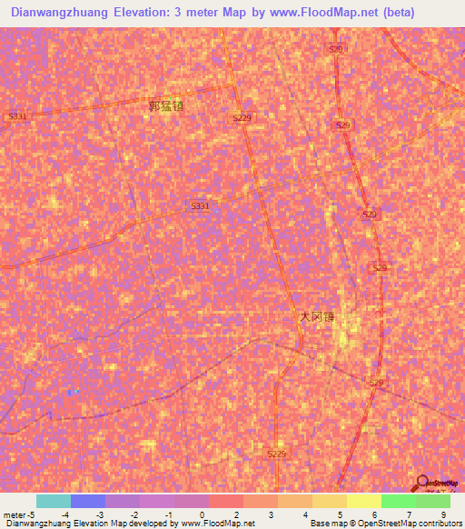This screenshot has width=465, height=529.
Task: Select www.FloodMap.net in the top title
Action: coord(320,13)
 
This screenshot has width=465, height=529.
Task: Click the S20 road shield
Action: coord(336,49)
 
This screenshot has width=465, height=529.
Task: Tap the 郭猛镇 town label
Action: coord(166,106)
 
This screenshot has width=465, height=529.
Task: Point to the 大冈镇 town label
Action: coord(317,317)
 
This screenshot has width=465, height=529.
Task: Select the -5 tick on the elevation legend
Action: coord(32,514)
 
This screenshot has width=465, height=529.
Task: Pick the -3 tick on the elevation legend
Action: coord(100,514)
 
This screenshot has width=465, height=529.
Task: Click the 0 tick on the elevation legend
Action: coord(202,514)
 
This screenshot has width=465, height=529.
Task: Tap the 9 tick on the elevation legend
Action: coord(444,514)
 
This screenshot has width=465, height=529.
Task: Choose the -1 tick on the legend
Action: coord(167,514)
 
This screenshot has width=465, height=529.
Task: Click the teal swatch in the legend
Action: coord(54,501)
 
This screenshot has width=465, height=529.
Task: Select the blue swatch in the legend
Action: coord(88,501)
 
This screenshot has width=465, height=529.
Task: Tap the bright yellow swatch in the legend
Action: coord(363,501)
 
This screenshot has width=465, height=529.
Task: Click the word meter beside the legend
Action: coord(14,514)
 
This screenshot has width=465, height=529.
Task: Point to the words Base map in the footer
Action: coord(325,524)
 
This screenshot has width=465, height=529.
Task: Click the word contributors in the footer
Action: coord(437,524)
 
